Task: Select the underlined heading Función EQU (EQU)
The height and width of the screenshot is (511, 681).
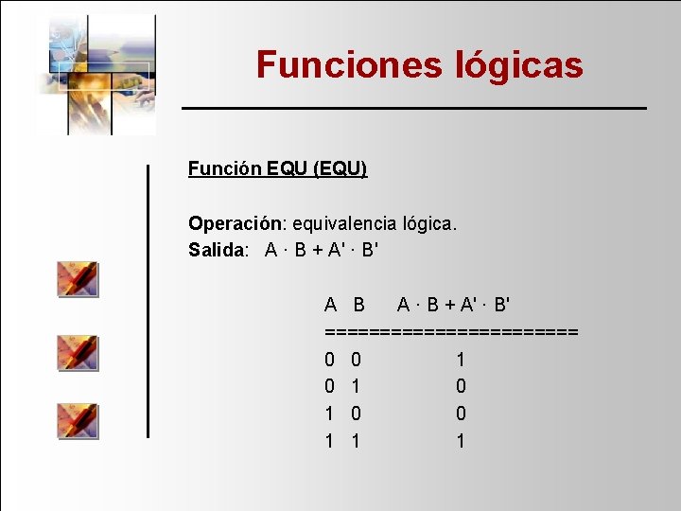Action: (277, 168)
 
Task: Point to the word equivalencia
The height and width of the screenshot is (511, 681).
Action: (346, 224)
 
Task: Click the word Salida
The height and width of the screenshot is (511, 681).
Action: (218, 251)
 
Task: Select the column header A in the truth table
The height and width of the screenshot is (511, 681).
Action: (330, 305)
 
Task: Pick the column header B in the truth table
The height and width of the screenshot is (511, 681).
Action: (358, 305)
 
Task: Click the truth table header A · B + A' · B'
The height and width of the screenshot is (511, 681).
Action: (454, 305)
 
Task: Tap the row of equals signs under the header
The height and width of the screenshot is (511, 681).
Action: (451, 332)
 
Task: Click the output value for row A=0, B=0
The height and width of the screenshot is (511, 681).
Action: (461, 360)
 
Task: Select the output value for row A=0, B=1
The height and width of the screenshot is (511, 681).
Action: (461, 386)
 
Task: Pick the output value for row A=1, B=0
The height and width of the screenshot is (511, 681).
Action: (461, 414)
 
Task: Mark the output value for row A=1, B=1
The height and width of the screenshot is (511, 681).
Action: (461, 441)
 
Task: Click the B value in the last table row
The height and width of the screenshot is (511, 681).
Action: (356, 441)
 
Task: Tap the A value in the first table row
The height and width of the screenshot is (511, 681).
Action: (329, 360)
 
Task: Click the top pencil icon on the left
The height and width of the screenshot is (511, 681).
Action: (78, 279)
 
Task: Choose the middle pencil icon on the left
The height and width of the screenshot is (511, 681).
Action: (78, 351)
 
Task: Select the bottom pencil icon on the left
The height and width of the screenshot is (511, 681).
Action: (78, 420)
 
